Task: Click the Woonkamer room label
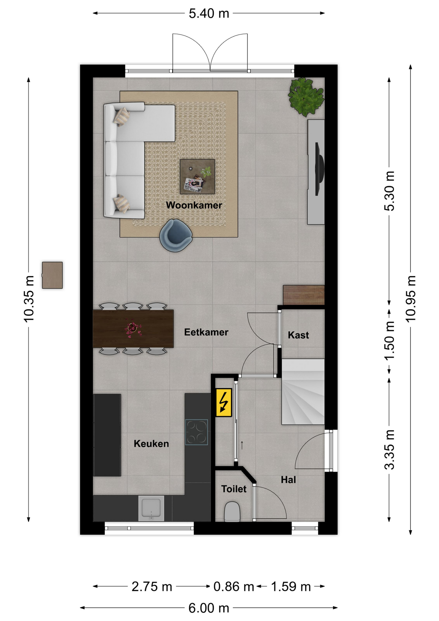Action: click(x=194, y=205)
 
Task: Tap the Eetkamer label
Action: click(x=206, y=332)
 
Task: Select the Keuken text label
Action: click(x=151, y=443)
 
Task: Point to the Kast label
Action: click(x=298, y=335)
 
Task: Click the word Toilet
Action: click(x=234, y=489)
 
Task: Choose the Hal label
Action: click(x=288, y=480)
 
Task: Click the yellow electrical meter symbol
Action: click(x=224, y=402)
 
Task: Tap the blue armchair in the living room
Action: click(x=176, y=235)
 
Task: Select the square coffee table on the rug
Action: click(x=197, y=177)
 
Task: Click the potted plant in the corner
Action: click(x=306, y=96)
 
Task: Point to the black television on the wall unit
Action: click(x=319, y=169)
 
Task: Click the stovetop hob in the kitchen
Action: click(x=197, y=432)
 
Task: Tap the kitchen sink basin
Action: click(x=151, y=508)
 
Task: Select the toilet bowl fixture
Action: click(x=232, y=511)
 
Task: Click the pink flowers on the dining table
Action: click(x=133, y=329)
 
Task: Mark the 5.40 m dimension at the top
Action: click(x=209, y=13)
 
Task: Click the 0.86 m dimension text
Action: click(x=233, y=586)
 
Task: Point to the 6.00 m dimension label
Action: click(x=209, y=608)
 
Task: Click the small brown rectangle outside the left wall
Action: click(x=52, y=275)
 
